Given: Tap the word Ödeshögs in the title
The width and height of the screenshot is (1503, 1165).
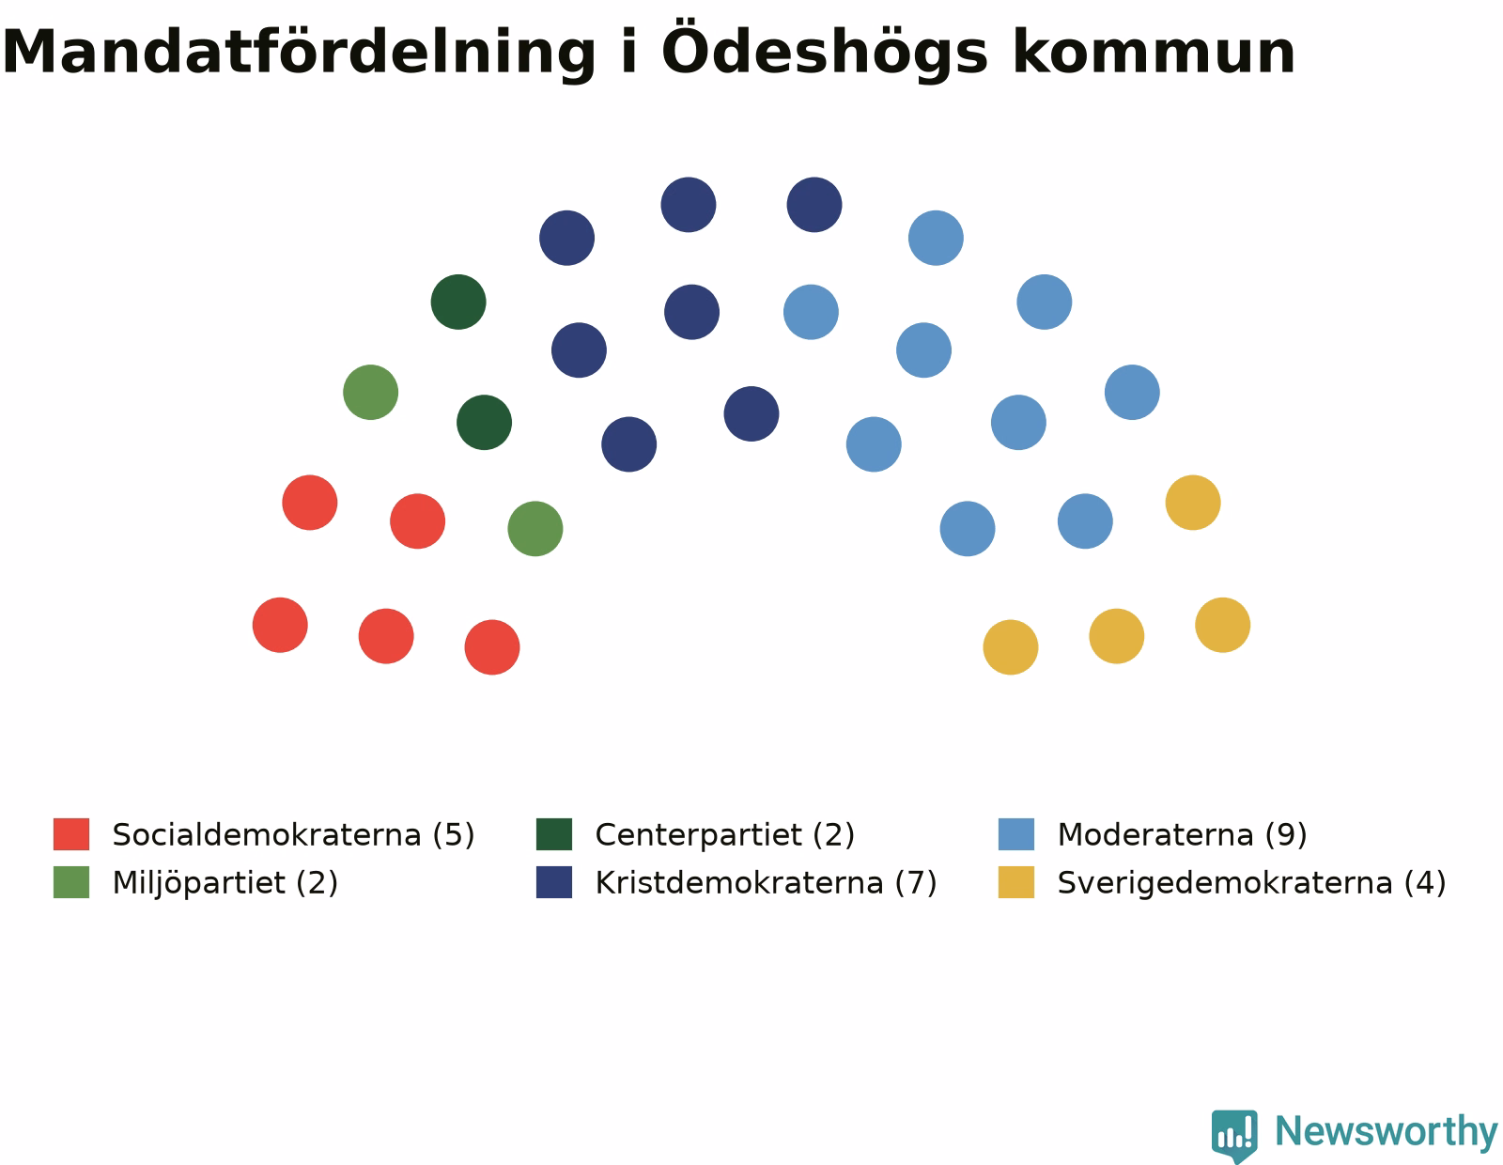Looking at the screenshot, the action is pyautogui.click(x=825, y=49).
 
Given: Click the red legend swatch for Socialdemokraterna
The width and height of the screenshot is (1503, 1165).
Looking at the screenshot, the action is pyautogui.click(x=71, y=833).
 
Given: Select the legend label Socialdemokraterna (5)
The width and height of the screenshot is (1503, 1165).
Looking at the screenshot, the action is pyautogui.click(x=293, y=834).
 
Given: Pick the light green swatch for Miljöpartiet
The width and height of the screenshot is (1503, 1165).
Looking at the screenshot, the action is pyautogui.click(x=71, y=882).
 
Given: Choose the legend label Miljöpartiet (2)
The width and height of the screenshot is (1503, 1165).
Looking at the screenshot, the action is pyautogui.click(x=225, y=883).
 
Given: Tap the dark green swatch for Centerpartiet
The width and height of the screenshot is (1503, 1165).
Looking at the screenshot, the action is pyautogui.click(x=554, y=833).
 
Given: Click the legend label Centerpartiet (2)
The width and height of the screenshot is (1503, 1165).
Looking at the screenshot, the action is pyautogui.click(x=725, y=834).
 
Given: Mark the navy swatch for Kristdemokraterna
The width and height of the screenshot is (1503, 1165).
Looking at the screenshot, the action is pyautogui.click(x=554, y=882).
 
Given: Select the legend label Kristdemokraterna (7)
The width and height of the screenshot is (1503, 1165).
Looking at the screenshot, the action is pyautogui.click(x=766, y=883).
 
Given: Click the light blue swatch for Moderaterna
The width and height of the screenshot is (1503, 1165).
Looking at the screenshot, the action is pyautogui.click(x=1016, y=833).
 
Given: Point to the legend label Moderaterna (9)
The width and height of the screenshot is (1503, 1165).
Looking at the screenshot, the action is pyautogui.click(x=1182, y=834).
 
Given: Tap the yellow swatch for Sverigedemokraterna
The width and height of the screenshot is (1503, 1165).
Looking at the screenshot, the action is pyautogui.click(x=1016, y=882).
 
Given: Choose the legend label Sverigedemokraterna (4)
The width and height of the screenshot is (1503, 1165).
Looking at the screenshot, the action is pyautogui.click(x=1251, y=883).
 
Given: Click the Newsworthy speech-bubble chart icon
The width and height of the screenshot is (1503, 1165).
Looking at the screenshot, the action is pyautogui.click(x=1234, y=1135).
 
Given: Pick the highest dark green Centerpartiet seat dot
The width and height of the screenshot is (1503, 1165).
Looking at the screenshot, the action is pyautogui.click(x=458, y=302).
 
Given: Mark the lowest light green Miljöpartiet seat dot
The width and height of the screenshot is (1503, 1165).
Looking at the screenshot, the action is pyautogui.click(x=535, y=529).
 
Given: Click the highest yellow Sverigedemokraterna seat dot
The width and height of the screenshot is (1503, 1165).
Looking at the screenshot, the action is pyautogui.click(x=1193, y=503).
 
